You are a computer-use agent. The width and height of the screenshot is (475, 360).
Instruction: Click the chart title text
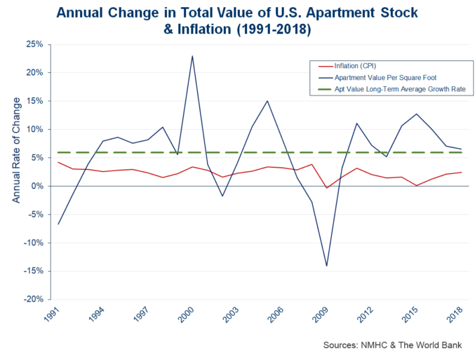237,20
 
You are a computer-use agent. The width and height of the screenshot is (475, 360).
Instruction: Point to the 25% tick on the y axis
34,44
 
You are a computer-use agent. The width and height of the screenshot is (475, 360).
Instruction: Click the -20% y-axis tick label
32,300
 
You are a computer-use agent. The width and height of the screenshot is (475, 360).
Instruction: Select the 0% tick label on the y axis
36,186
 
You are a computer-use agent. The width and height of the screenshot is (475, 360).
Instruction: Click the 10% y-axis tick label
34,129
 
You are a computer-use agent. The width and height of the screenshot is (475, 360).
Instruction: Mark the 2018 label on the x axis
455,316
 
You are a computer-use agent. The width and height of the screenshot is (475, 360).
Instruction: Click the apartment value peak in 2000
192,56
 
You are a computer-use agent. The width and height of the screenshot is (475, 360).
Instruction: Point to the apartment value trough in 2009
326,266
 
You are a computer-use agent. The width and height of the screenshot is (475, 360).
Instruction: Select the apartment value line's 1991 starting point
58,224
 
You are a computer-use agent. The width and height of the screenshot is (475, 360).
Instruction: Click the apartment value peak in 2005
267,101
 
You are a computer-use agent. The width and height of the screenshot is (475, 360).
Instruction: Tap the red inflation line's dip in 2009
326,188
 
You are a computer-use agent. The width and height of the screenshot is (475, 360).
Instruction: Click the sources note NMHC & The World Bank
394,345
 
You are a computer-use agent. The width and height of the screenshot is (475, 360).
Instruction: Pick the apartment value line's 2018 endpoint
460,149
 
